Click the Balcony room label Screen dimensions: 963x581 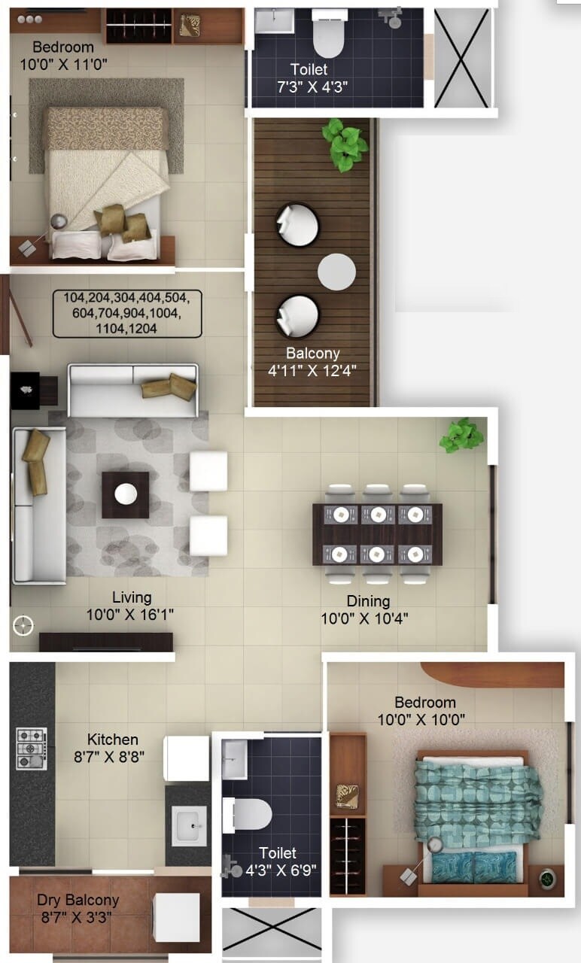312,353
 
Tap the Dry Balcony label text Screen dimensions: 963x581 78,900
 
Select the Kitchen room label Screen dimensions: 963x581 112,740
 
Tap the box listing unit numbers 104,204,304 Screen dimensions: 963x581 127,312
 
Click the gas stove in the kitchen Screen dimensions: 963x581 32,749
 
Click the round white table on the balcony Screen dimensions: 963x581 336,272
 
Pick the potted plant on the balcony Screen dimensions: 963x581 345,144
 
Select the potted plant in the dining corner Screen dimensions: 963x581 461,435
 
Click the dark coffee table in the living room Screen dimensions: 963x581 125,494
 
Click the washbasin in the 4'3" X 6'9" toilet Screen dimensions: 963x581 233,759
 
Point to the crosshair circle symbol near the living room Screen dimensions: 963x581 23,624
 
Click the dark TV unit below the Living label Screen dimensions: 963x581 105,642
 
